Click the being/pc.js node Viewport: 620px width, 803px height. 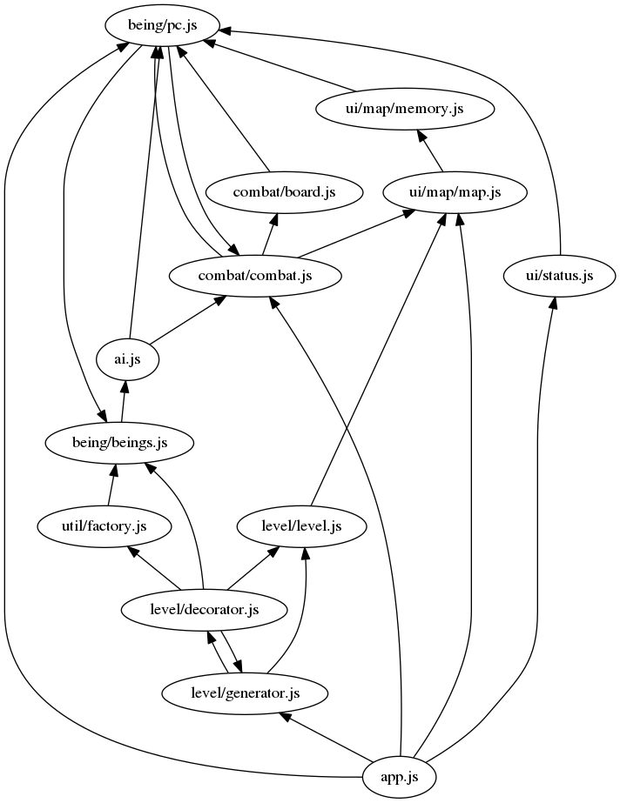pos(162,25)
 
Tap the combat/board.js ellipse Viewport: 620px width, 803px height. pos(284,192)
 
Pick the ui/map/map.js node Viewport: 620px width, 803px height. pos(455,192)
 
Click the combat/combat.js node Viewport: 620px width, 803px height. pos(255,276)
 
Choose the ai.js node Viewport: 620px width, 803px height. pos(128,358)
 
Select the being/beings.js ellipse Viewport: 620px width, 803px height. pos(119,442)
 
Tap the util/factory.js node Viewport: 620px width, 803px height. pos(104,525)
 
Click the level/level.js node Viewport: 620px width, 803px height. pos(301,525)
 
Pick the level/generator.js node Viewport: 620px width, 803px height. pos(245,693)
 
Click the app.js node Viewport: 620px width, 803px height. pos(399,774)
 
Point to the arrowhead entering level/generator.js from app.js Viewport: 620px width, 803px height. pos(284,717)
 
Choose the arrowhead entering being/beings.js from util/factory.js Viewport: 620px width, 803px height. pos(114,471)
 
